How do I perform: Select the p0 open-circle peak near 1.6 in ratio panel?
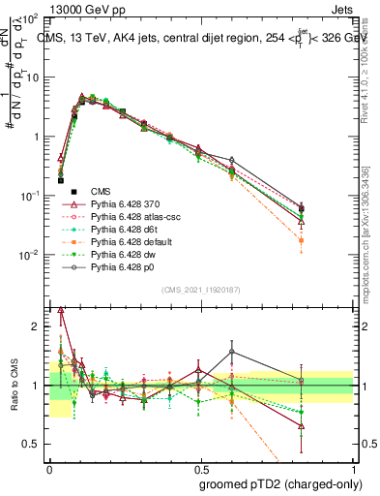(232, 352)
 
